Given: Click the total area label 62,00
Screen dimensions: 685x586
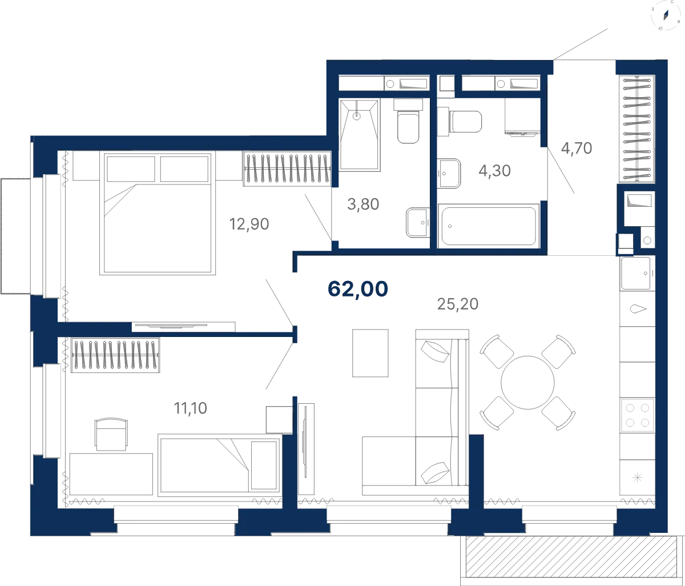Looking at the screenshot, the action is pos(357,289).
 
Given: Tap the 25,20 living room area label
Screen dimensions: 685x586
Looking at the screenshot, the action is pos(458,304).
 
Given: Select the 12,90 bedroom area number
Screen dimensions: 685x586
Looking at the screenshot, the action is pos(249,224).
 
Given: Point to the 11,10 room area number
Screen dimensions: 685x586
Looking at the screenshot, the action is pos(190,408).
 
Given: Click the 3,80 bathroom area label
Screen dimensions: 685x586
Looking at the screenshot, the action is pos(363,204).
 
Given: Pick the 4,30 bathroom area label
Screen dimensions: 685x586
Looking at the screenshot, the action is pos(494,171).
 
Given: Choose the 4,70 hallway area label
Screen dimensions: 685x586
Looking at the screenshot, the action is pos(577,148).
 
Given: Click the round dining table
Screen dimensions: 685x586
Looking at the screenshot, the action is pos(527,382).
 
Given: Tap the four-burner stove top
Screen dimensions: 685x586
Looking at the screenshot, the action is pos(637,415).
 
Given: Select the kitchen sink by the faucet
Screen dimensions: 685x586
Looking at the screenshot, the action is pos(635,274).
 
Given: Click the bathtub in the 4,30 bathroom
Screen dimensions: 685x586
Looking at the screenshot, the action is pos(488,226).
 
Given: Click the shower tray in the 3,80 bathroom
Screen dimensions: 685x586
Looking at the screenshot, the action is pos(359,135).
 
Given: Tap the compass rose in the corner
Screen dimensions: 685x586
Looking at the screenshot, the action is pos(666,15).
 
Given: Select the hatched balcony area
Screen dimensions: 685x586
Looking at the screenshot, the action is pos(571,557).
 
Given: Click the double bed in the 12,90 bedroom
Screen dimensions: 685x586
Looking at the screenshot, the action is pos(158,213).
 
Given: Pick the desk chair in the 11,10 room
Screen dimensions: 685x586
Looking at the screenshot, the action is pos(111,434).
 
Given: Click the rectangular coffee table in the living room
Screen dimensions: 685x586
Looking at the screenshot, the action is pos(370,353).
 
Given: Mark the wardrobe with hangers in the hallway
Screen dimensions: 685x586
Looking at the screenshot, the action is pos(636,129).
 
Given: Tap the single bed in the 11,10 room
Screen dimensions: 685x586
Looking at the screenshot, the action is pos(219,465).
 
